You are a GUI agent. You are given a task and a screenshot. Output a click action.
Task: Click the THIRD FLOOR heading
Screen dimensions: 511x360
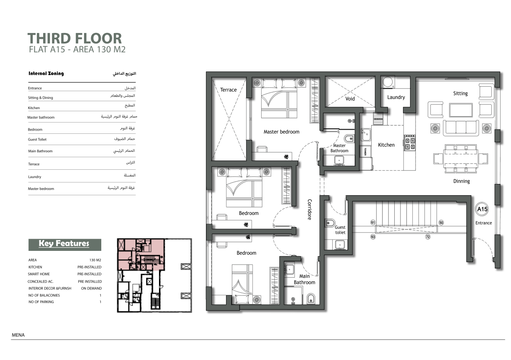click(x=74, y=38)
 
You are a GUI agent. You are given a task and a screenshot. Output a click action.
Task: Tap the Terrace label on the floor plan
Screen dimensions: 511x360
click(x=229, y=90)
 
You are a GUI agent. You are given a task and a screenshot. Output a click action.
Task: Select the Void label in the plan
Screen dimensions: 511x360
click(x=350, y=99)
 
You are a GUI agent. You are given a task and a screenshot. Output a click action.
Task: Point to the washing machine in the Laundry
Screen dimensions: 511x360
click(x=388, y=82)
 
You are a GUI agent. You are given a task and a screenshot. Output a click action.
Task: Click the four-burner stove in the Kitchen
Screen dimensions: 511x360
click(x=410, y=143)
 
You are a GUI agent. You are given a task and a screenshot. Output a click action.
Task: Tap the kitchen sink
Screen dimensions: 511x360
click(x=365, y=135)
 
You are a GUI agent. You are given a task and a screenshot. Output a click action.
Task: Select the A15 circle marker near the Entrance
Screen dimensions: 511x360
click(x=482, y=209)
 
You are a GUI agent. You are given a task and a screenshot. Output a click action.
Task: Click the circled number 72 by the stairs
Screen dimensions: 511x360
click(x=428, y=237)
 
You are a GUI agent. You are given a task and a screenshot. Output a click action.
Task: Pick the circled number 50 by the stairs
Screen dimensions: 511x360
click(x=441, y=222)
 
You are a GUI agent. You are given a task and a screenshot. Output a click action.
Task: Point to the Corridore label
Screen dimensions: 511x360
click(x=310, y=209)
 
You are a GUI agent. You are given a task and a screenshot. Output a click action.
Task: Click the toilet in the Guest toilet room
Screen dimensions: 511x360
click(x=330, y=222)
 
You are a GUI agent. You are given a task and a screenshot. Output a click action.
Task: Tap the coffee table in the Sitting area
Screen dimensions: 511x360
click(x=461, y=110)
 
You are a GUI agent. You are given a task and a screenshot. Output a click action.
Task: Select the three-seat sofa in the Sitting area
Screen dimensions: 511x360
click(x=461, y=128)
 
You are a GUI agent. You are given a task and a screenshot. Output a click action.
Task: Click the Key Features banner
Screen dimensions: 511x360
click(x=65, y=245)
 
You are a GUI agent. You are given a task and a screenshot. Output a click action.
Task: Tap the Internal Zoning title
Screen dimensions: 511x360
click(x=46, y=73)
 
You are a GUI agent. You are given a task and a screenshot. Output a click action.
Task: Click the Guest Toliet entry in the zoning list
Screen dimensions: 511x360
click(x=37, y=140)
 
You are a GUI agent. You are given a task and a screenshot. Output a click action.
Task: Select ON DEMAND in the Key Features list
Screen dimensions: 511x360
click(x=91, y=289)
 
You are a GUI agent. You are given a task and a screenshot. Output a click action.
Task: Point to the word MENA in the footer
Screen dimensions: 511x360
click(x=18, y=335)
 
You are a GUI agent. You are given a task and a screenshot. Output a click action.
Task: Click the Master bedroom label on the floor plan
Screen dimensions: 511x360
click(x=282, y=132)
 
